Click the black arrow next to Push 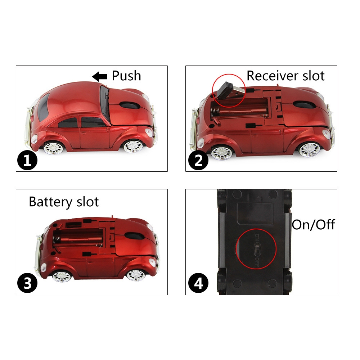[x=99, y=76]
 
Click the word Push [x=126, y=76]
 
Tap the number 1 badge [x=27, y=160]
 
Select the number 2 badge [x=198, y=160]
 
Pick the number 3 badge [x=27, y=283]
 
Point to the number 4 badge [x=198, y=283]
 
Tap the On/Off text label [x=314, y=225]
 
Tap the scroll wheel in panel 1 [x=130, y=105]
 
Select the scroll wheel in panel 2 [x=305, y=104]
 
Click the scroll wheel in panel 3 [x=135, y=236]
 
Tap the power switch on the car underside [x=257, y=249]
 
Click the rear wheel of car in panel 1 [x=53, y=148]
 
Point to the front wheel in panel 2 [x=309, y=149]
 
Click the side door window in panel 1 [x=93, y=122]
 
